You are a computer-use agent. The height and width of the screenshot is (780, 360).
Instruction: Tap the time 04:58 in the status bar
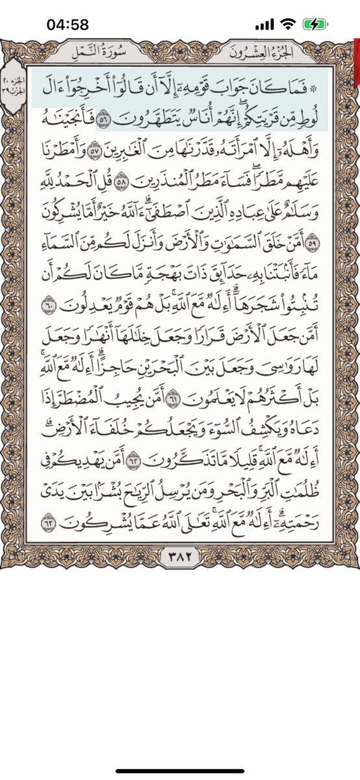click(68, 25)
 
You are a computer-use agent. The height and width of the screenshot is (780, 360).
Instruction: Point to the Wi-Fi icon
click(288, 25)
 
